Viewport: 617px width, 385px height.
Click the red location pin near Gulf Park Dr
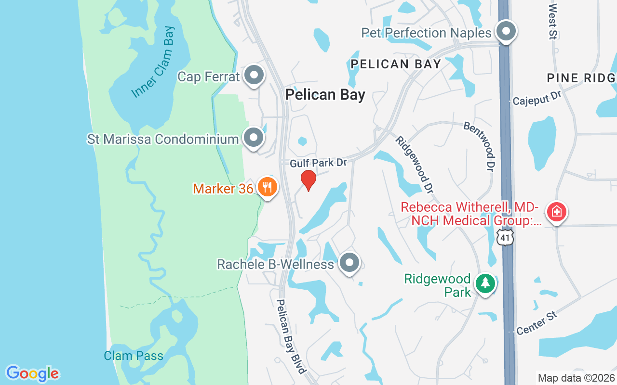[x=308, y=180]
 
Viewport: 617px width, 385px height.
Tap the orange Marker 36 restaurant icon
[x=267, y=187]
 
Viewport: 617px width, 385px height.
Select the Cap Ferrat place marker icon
[x=254, y=76]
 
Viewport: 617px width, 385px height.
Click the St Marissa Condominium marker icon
[x=254, y=138]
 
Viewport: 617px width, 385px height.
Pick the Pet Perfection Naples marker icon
[x=506, y=32]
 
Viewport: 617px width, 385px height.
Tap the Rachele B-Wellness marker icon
[x=349, y=263]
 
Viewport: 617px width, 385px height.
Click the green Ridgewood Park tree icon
[x=485, y=283]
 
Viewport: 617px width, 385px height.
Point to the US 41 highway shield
[x=505, y=237]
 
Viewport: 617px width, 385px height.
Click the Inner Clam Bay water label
[x=154, y=62]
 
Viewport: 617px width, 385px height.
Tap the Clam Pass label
[x=134, y=356]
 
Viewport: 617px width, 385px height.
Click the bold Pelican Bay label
[x=325, y=94]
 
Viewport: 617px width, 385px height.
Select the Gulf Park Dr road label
[x=318, y=163]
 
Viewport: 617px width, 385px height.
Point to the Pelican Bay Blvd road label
[x=291, y=336]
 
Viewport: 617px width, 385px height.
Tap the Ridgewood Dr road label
[x=413, y=164]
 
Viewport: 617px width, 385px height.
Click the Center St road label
[x=537, y=323]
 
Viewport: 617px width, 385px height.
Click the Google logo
[x=32, y=373]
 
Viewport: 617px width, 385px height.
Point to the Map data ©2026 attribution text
[x=577, y=378]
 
